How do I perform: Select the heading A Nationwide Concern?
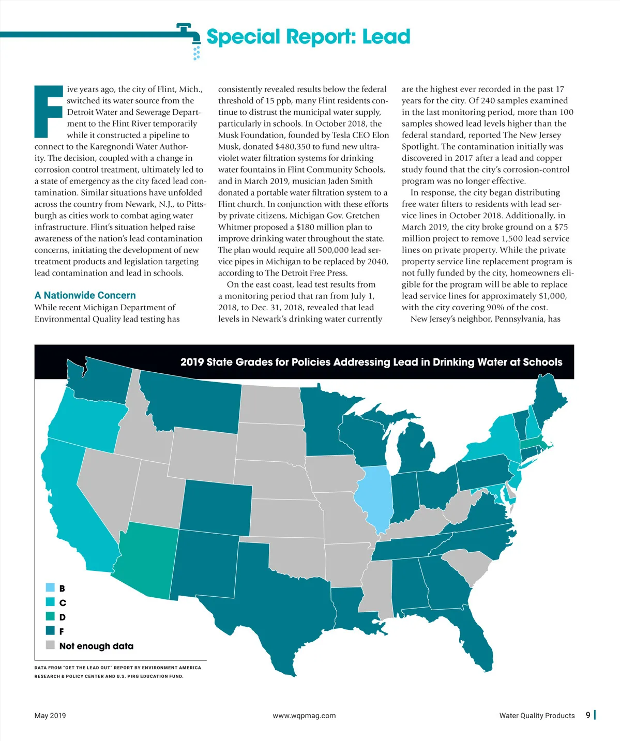click(85, 295)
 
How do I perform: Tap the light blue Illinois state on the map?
click(373, 496)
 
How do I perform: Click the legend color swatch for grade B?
click(50, 588)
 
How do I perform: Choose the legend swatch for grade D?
click(50, 616)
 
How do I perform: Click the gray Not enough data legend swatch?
click(50, 645)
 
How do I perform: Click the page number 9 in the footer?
click(588, 715)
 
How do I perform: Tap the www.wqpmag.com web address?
click(304, 716)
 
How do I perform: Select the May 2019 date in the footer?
click(50, 716)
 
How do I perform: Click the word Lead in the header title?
click(386, 37)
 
